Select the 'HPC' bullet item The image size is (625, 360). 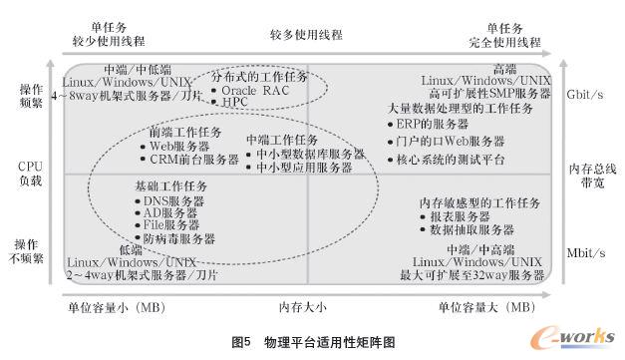tap(235, 103)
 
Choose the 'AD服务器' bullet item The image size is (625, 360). tap(170, 213)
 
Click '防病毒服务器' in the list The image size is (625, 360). tap(178, 239)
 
